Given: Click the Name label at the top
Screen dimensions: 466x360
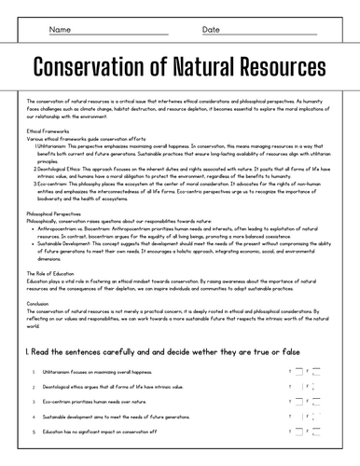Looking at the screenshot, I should coord(60,30).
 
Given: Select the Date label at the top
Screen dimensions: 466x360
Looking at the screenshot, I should coord(212,30).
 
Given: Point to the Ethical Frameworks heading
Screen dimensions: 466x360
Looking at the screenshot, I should coord(47,131).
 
